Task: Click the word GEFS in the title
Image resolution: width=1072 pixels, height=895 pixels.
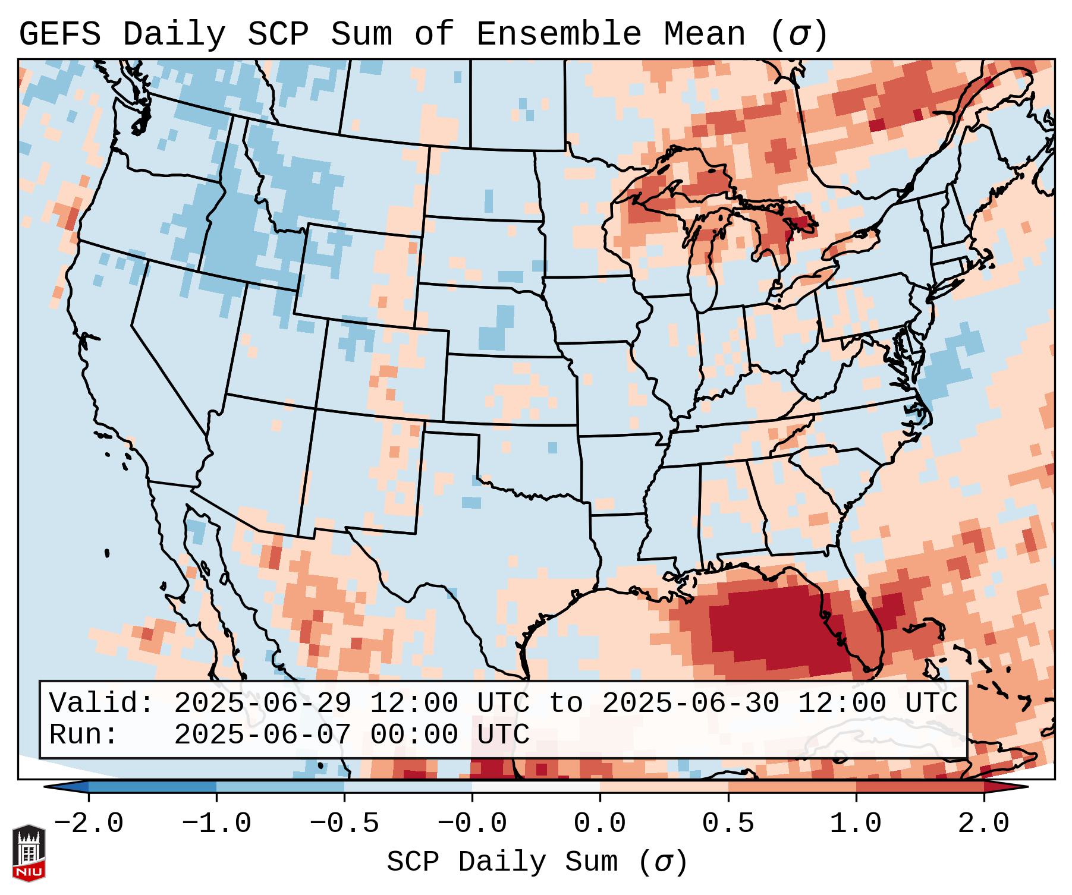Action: (x=59, y=34)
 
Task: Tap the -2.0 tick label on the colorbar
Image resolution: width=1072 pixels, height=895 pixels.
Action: (x=89, y=824)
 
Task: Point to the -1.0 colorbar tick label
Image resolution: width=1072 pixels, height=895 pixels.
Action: (x=216, y=824)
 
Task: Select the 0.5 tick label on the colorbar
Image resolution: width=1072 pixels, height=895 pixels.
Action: (x=728, y=824)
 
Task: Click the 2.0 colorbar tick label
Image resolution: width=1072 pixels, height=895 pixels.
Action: (x=983, y=824)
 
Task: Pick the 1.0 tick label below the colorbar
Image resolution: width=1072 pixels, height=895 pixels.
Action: (x=856, y=824)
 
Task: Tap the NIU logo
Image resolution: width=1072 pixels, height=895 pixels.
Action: (x=29, y=853)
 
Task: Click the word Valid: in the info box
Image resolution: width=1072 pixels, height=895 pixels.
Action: (x=102, y=703)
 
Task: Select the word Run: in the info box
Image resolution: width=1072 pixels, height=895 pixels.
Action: (x=84, y=735)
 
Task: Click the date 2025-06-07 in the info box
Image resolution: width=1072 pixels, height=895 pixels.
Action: (x=262, y=735)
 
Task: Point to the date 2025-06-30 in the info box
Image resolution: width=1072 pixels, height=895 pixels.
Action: (x=690, y=703)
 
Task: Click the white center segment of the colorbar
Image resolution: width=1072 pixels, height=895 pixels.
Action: (x=536, y=787)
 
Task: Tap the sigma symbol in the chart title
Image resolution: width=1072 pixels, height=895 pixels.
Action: (x=799, y=34)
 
